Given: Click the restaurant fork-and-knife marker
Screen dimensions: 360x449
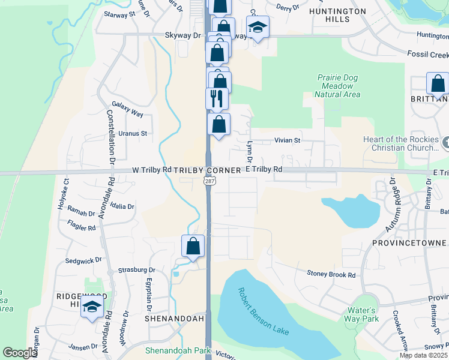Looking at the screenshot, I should pyautogui.click(x=217, y=98).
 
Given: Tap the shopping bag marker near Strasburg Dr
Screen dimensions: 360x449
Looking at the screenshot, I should pyautogui.click(x=193, y=246).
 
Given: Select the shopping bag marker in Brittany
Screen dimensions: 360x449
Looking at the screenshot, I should pyautogui.click(x=438, y=84).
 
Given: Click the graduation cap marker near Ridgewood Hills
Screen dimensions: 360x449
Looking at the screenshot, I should pyautogui.click(x=92, y=307).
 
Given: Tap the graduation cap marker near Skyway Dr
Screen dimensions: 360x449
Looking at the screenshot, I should pyautogui.click(x=258, y=28).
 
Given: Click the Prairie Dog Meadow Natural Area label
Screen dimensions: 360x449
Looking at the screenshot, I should pyautogui.click(x=337, y=86).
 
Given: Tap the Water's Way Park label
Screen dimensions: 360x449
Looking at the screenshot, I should pyautogui.click(x=362, y=314).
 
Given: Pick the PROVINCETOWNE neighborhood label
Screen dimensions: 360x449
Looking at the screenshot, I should pyautogui.click(x=408, y=243).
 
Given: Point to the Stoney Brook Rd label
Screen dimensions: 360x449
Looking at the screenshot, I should pyautogui.click(x=331, y=274).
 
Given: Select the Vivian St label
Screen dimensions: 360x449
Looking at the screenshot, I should pyautogui.click(x=287, y=140).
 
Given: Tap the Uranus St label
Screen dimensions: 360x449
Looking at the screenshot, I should pyautogui.click(x=133, y=133).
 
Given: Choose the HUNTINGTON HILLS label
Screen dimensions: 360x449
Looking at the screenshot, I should pyautogui.click(x=337, y=15).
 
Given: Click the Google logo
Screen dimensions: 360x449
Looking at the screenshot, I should pyautogui.click(x=20, y=353).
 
